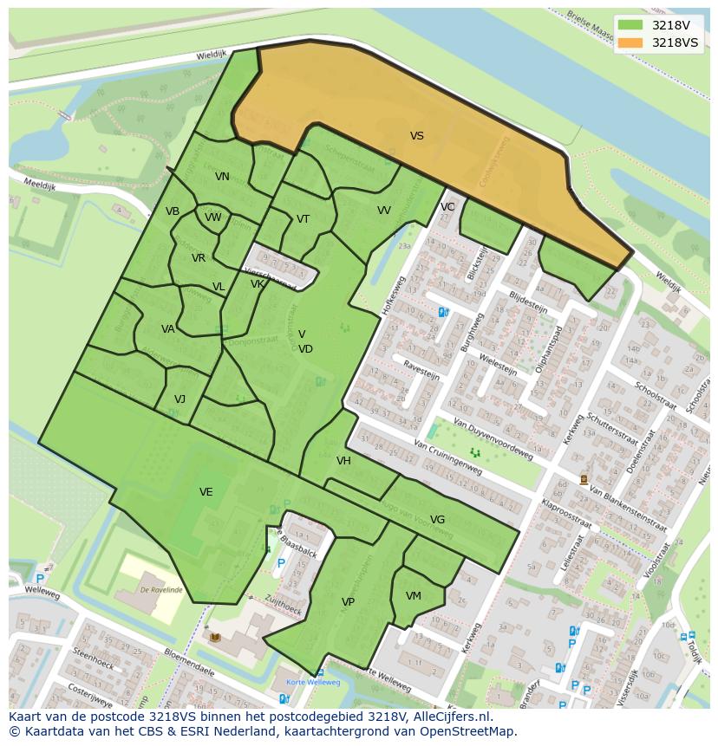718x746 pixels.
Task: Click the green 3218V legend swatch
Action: tap(633, 25)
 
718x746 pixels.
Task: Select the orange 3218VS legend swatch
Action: tap(633, 42)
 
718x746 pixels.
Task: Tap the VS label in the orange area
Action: tap(417, 136)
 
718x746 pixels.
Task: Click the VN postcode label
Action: tap(222, 177)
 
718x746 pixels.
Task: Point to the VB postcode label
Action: tap(173, 211)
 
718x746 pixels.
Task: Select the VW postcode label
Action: tap(213, 217)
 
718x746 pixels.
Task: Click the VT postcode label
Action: tap(303, 219)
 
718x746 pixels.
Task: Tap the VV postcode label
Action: tap(384, 211)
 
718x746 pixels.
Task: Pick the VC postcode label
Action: tap(447, 207)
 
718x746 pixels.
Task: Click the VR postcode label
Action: tap(199, 258)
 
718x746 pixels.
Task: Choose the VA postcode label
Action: tap(168, 329)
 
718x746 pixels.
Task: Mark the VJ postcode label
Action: tap(179, 399)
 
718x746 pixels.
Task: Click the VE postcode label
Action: tap(206, 492)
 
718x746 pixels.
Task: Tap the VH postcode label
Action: tap(343, 461)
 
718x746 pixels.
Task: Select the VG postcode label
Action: tap(437, 520)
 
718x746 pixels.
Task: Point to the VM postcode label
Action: tap(413, 596)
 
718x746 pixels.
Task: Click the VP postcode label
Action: tap(348, 602)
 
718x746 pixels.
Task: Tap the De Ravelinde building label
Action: tap(160, 588)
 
